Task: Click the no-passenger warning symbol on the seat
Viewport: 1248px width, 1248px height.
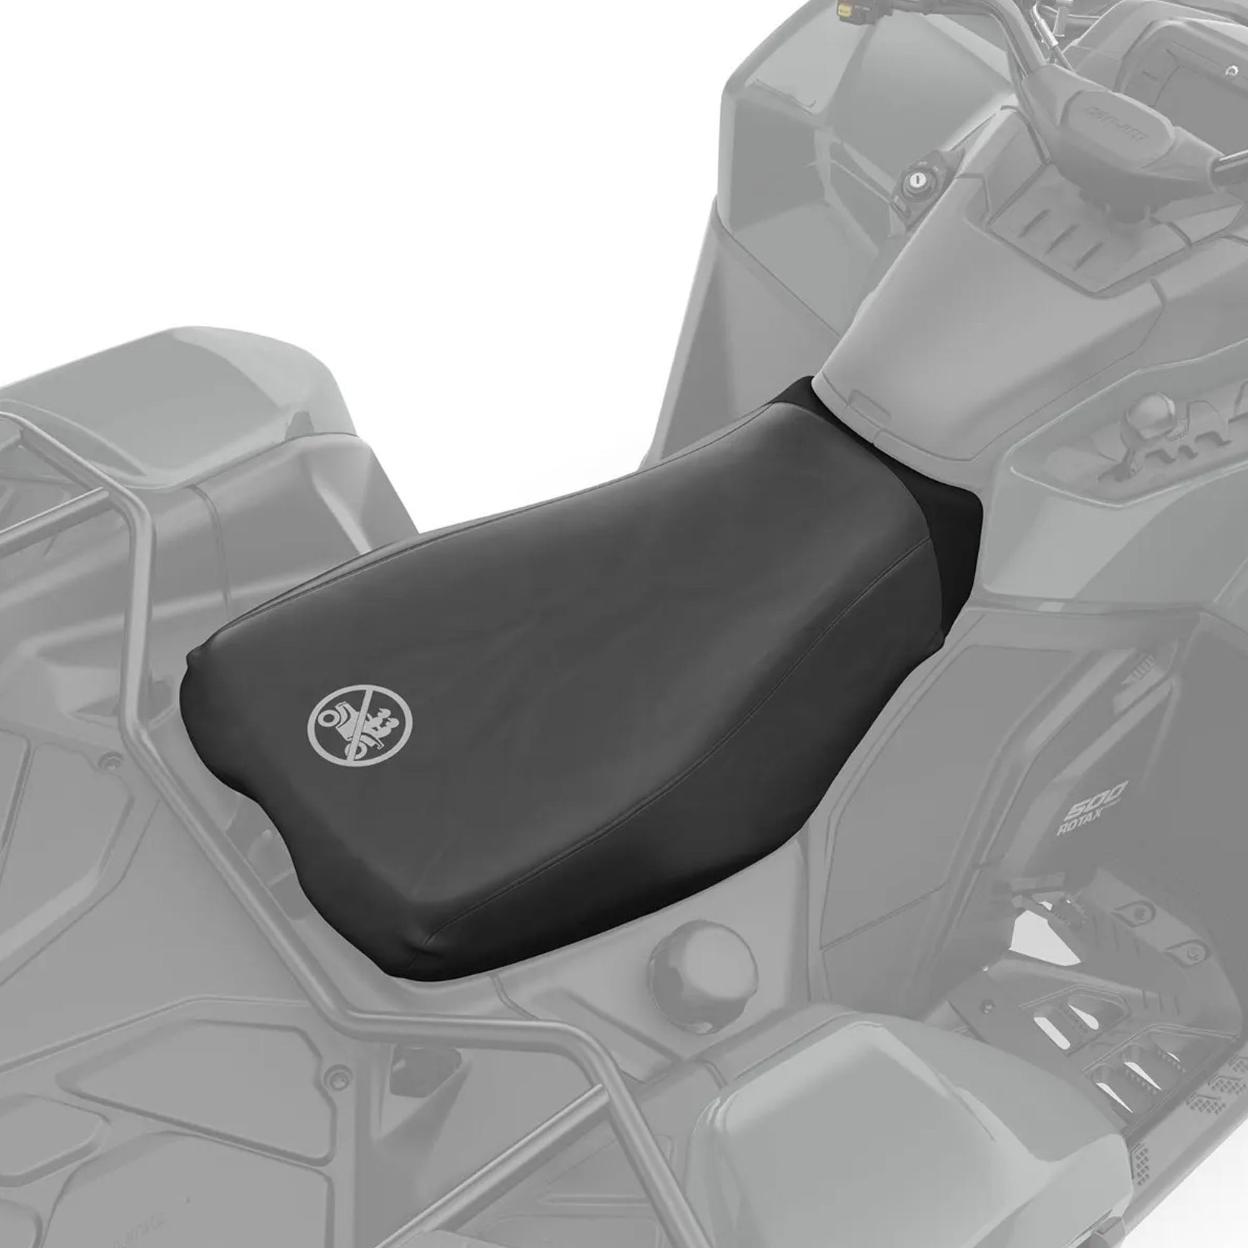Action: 360,718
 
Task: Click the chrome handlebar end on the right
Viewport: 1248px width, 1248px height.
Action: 1231,165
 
